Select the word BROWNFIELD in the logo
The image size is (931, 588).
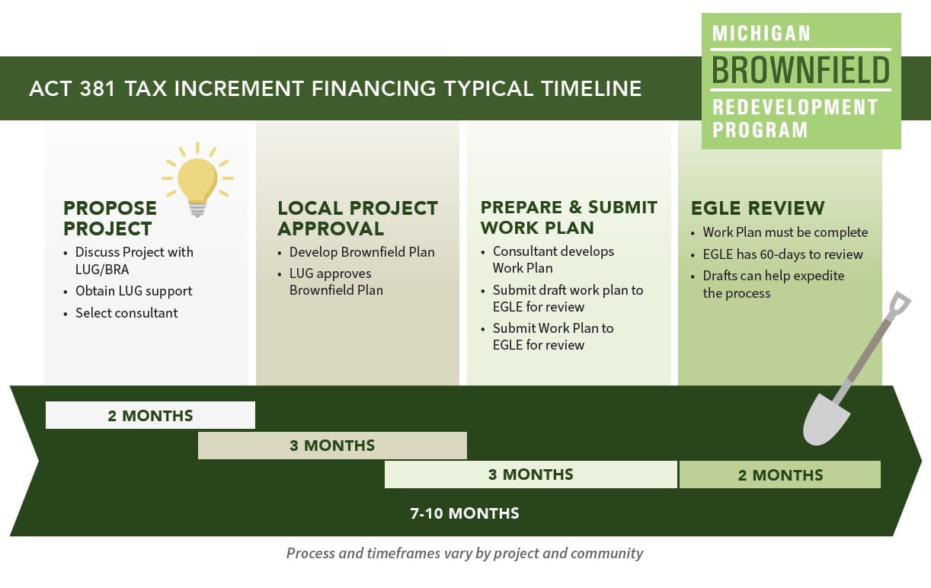[801, 70]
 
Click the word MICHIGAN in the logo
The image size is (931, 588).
[761, 34]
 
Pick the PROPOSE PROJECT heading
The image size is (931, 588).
[110, 218]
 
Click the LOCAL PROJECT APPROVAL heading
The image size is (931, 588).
[357, 218]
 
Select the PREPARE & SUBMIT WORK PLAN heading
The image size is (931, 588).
[568, 218]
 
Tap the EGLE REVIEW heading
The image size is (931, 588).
[757, 208]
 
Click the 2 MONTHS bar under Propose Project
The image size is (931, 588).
[150, 415]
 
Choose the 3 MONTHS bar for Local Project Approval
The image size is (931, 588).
[332, 446]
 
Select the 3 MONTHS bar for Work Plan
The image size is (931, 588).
[531, 475]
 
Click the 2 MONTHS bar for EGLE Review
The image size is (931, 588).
[779, 475]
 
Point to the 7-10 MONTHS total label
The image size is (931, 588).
[465, 513]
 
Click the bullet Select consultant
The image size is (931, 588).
[126, 312]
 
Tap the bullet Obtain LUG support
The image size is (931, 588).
[133, 291]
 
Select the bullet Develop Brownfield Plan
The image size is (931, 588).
[362, 252]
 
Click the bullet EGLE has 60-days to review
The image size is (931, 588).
[782, 254]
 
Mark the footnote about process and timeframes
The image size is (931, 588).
[465, 553]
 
